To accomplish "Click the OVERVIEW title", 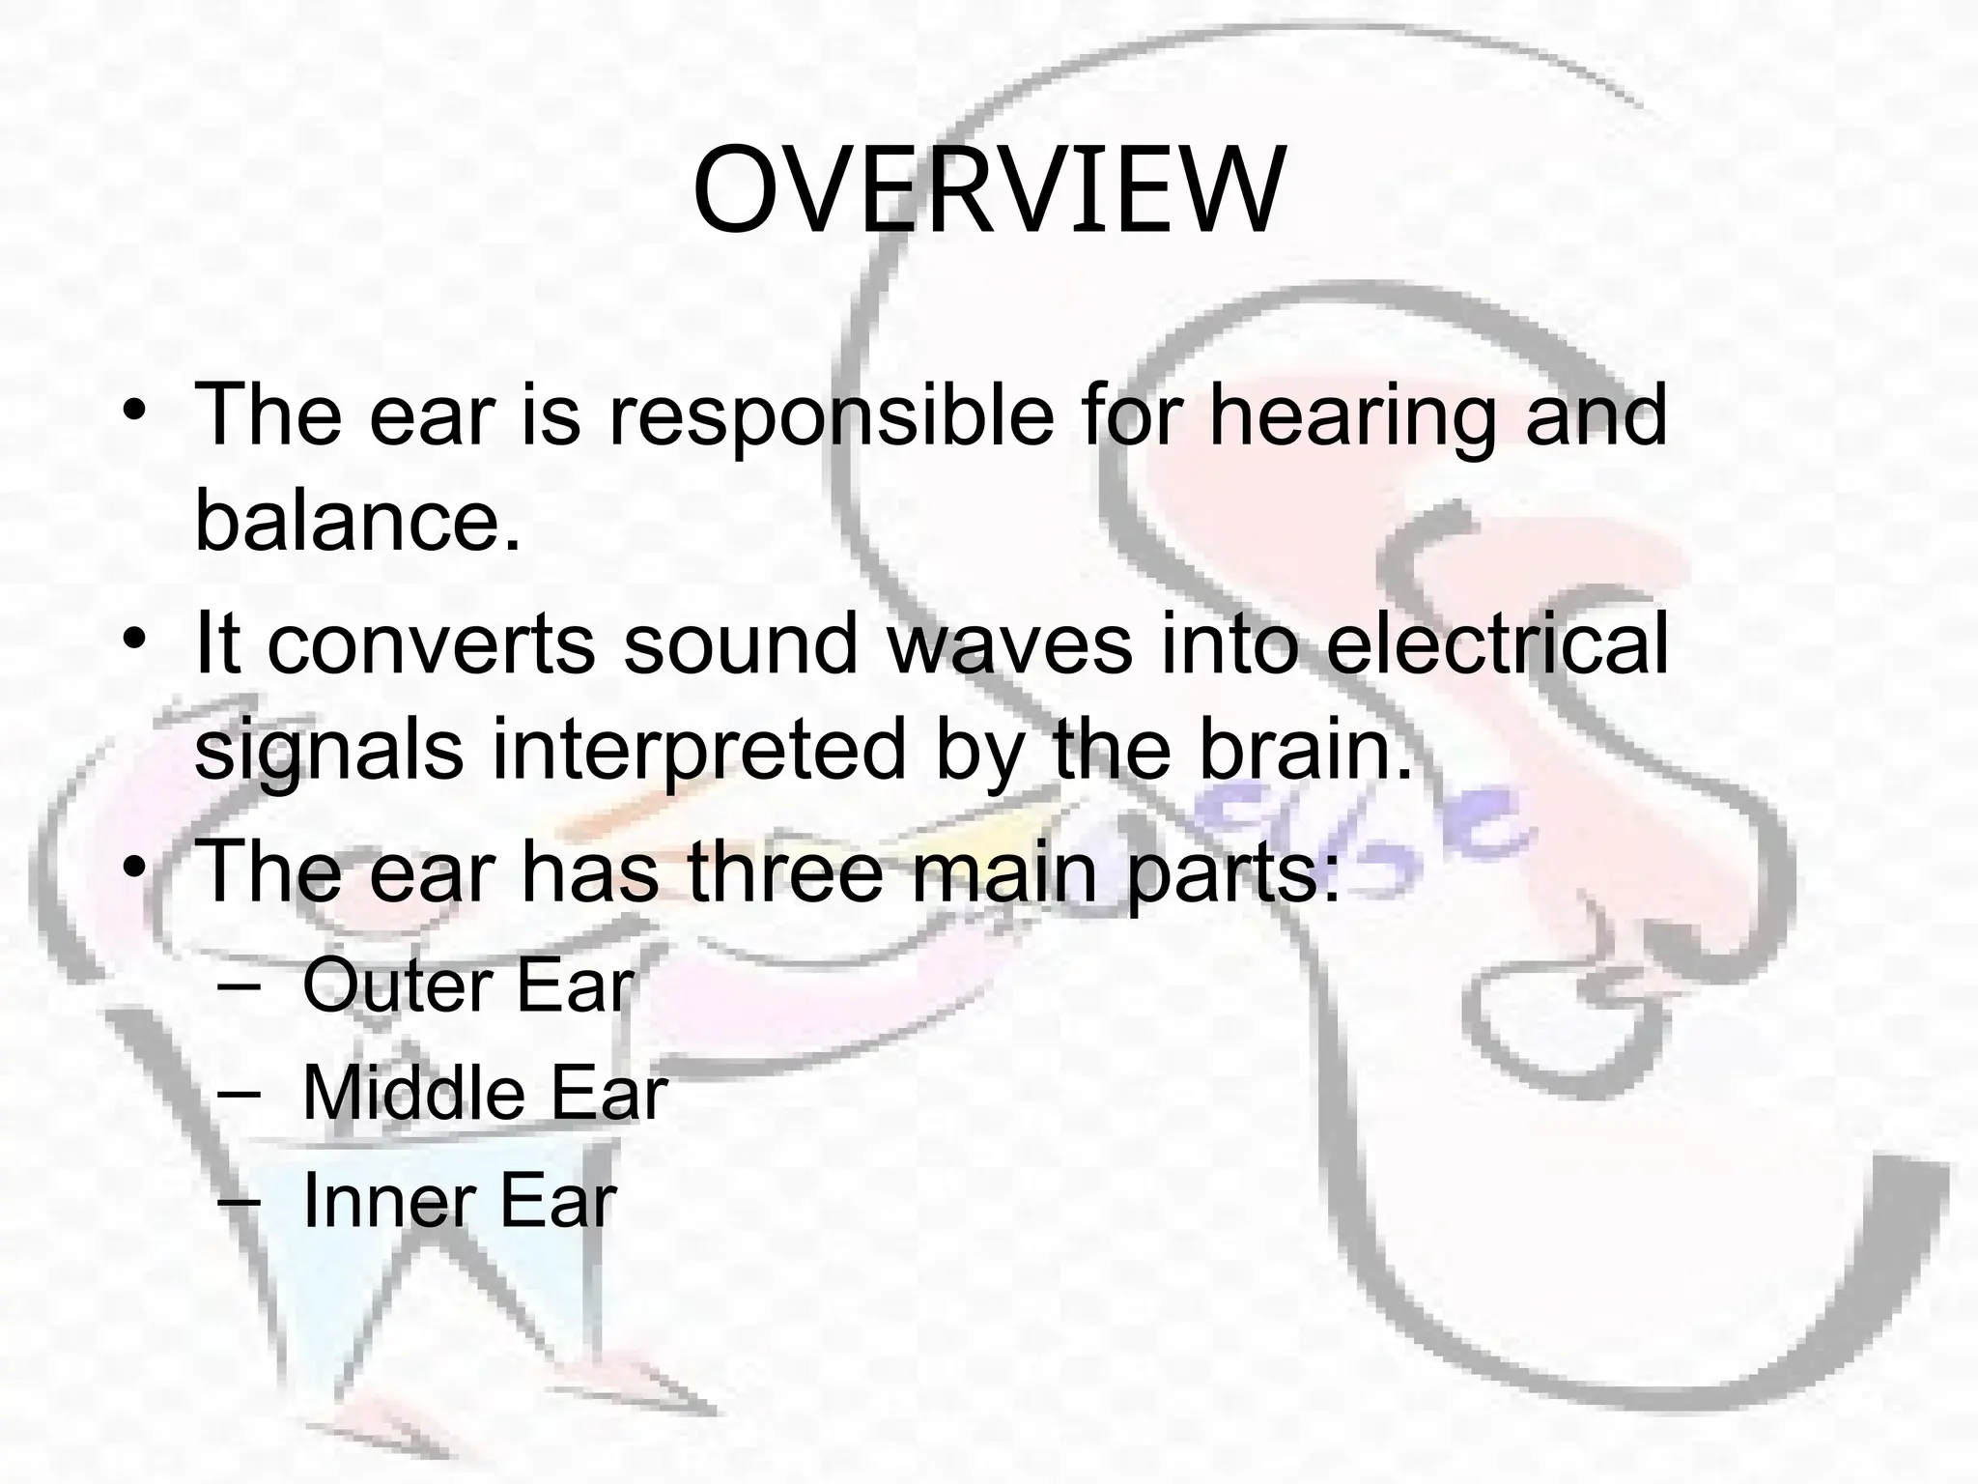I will click(988, 192).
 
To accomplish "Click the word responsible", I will click(831, 416).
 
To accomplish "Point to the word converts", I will click(431, 644).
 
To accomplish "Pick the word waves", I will click(1009, 644).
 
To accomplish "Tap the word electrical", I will click(1496, 644).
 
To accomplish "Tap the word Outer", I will click(396, 985).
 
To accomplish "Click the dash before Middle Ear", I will click(240, 1093).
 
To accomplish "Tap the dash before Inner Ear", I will click(240, 1201).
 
